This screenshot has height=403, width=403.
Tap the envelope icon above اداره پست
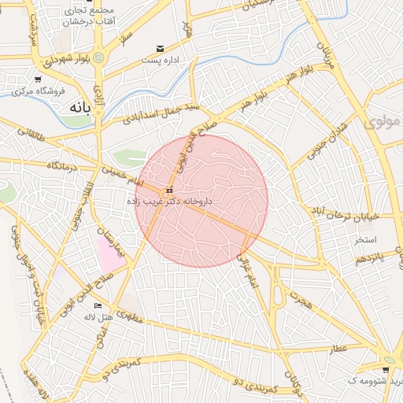click(x=161, y=49)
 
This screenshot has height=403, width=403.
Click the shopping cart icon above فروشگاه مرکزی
click(x=38, y=79)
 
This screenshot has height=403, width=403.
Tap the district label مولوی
click(x=383, y=122)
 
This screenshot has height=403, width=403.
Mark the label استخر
click(x=365, y=238)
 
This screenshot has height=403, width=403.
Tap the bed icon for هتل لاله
click(x=98, y=305)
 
